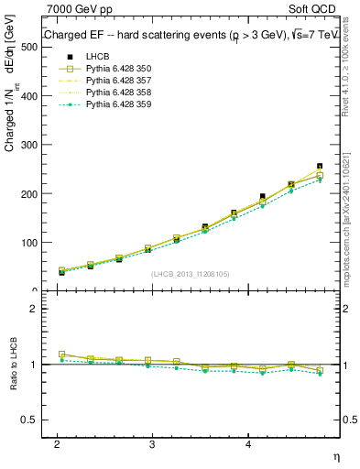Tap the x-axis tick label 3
point(152,444)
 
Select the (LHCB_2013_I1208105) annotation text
point(190,273)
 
